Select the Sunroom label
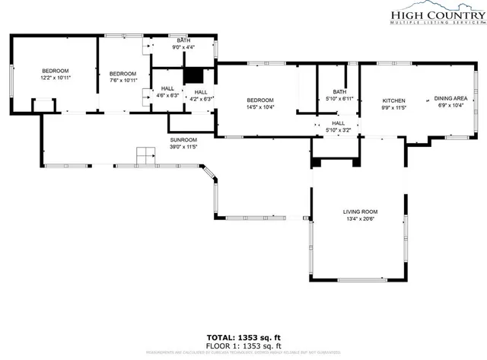183,139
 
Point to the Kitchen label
393,100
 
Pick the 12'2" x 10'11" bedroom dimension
55,78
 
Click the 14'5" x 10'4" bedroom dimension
260,107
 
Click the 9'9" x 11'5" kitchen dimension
393,107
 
